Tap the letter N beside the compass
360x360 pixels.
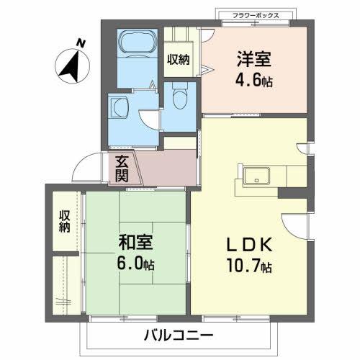(x=81, y=44)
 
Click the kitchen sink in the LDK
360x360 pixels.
(x=255, y=175)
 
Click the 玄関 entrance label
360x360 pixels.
(x=122, y=168)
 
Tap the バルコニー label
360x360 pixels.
(x=177, y=334)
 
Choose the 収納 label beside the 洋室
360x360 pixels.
(x=178, y=59)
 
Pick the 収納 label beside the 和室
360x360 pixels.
(x=65, y=222)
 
